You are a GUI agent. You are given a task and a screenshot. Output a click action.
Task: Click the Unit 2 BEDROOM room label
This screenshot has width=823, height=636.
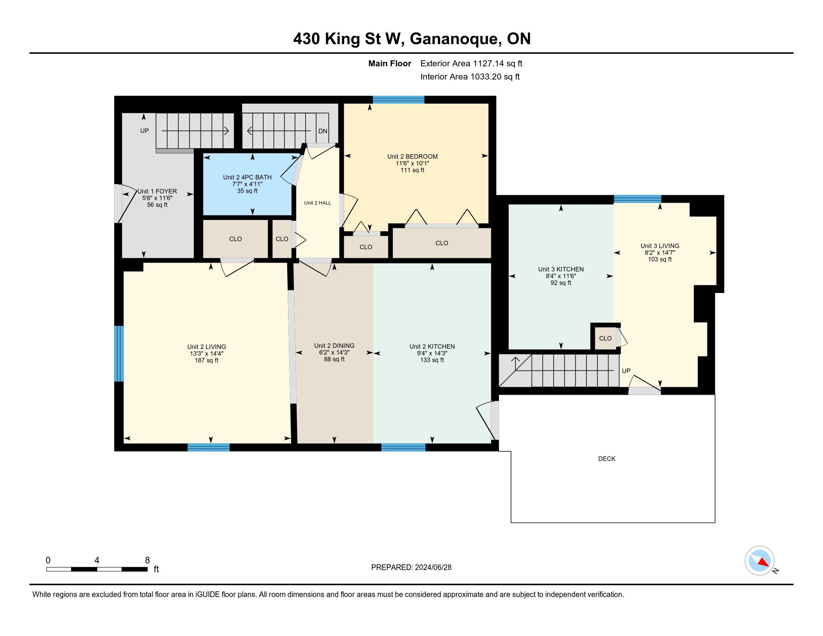click(412, 156)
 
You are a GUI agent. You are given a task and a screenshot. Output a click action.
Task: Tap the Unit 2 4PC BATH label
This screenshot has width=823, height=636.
click(247, 177)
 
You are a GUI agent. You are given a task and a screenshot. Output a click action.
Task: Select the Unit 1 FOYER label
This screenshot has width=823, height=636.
click(157, 192)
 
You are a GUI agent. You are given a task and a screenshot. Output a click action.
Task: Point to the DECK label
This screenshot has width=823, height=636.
click(607, 459)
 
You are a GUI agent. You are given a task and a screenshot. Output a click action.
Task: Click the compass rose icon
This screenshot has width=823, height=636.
click(760, 561)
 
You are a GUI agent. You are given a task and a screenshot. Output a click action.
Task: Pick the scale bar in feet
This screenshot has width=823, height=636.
click(97, 569)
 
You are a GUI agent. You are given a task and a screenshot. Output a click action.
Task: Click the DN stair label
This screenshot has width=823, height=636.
click(323, 131)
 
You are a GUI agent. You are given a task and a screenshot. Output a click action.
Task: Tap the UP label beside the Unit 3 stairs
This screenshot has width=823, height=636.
click(626, 371)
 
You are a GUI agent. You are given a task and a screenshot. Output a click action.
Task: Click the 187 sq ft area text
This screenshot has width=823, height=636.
click(206, 360)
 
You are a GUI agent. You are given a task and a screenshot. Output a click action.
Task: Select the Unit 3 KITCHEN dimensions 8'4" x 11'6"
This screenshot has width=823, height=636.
click(561, 276)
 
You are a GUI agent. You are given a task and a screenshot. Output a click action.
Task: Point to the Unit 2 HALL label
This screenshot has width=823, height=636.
click(318, 203)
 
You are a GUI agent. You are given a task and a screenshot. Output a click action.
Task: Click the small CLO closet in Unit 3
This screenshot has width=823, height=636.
click(605, 338)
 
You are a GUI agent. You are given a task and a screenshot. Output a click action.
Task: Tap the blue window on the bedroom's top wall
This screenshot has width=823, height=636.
click(399, 100)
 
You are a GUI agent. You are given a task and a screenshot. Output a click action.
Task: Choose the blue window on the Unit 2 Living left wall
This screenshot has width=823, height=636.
click(119, 354)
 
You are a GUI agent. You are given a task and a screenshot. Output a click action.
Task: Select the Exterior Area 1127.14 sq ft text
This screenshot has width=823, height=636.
click(471, 63)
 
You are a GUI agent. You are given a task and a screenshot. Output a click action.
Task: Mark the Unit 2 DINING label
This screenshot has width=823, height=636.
click(334, 346)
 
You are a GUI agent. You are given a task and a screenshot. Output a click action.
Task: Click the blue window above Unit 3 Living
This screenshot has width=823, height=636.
click(637, 199)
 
